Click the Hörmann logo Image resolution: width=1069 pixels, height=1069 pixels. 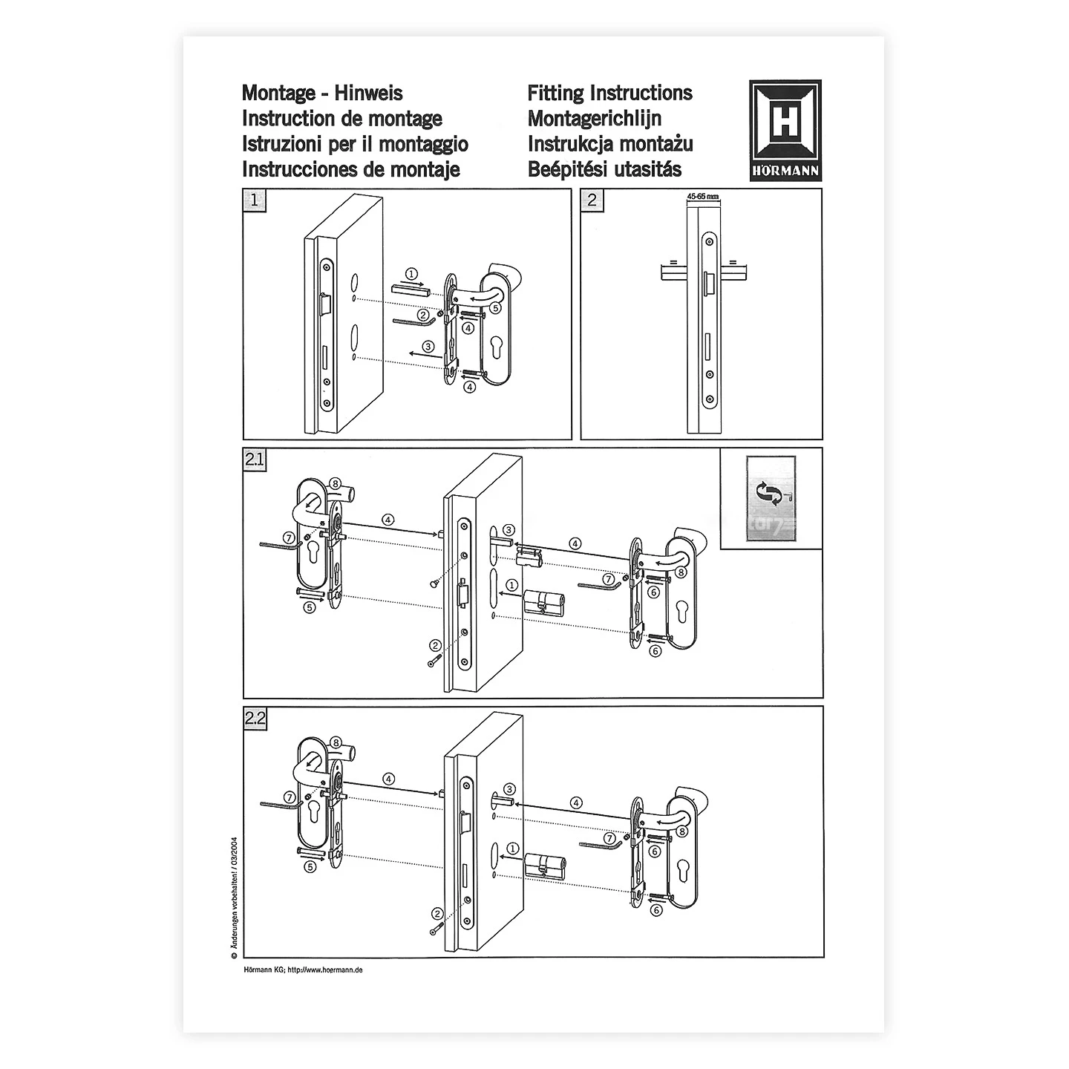tap(785, 130)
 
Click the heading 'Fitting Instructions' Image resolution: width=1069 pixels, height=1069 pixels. tap(609, 93)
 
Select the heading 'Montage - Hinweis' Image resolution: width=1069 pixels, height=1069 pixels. tap(322, 93)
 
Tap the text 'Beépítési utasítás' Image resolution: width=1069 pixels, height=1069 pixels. tap(604, 169)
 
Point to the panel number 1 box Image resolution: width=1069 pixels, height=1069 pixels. tap(255, 200)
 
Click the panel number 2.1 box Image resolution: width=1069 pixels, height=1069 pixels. tap(255, 460)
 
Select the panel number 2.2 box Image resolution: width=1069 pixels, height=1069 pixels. tap(255, 718)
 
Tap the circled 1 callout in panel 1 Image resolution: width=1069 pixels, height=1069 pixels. tap(412, 274)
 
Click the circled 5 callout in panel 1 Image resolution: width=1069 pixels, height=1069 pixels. tap(495, 306)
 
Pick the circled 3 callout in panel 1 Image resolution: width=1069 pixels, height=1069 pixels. tap(428, 346)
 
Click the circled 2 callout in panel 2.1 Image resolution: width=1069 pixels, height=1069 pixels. tap(436, 644)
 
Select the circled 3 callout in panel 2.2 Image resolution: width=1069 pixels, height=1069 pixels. tap(509, 788)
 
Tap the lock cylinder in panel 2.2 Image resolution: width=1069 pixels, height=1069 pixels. tap(545, 863)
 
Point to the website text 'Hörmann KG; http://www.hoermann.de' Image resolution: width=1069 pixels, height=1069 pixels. tap(303, 970)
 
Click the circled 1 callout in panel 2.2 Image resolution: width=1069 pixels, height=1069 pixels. tap(511, 848)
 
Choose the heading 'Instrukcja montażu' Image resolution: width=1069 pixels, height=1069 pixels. tap(610, 144)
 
